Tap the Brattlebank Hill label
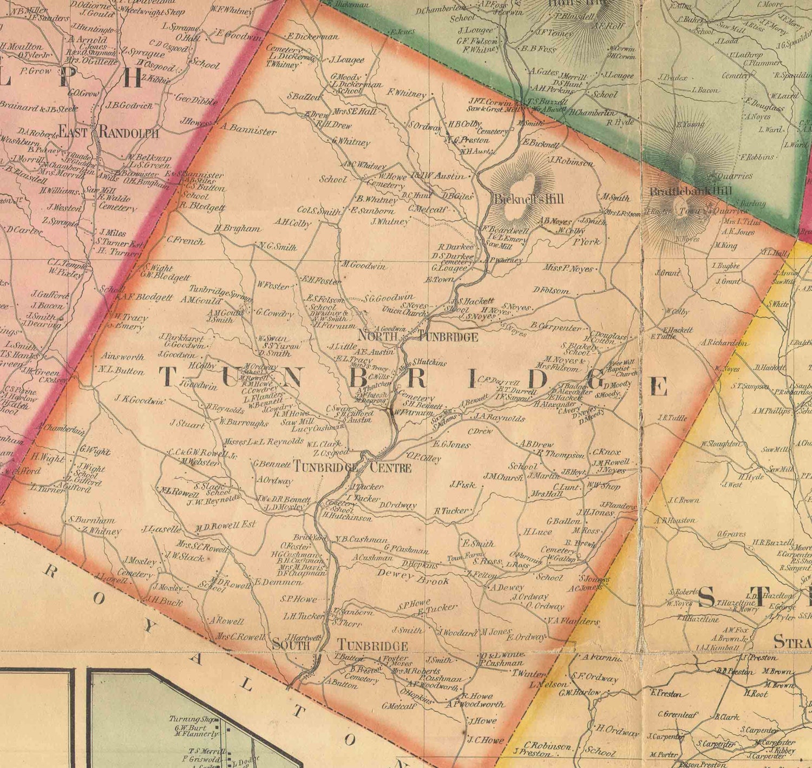click(690, 192)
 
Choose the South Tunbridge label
click(340, 645)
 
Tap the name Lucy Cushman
click(314, 428)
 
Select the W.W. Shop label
click(604, 485)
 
